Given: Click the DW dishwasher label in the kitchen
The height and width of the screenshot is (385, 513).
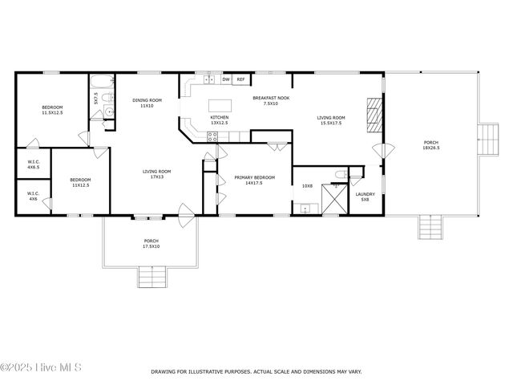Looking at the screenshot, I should tap(226, 80).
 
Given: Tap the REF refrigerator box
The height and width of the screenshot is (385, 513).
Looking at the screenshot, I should tap(240, 80).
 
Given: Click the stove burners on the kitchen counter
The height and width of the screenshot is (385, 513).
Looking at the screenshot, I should tap(212, 136).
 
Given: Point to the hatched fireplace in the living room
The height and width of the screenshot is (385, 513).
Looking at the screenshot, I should tap(374, 114).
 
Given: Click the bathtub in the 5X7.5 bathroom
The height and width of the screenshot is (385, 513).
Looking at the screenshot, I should tap(103, 83).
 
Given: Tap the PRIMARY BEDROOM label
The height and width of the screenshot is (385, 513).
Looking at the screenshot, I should tap(254, 177).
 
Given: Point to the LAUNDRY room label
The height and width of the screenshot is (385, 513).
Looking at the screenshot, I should tap(365, 193).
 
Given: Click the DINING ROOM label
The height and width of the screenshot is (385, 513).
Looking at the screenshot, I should tap(147, 100).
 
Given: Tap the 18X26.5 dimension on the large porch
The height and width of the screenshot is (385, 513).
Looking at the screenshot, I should tap(430, 148).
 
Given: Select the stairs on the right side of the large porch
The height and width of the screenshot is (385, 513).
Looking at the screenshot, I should tap(487, 142).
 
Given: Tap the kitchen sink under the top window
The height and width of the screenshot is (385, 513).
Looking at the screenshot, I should tap(209, 80).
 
